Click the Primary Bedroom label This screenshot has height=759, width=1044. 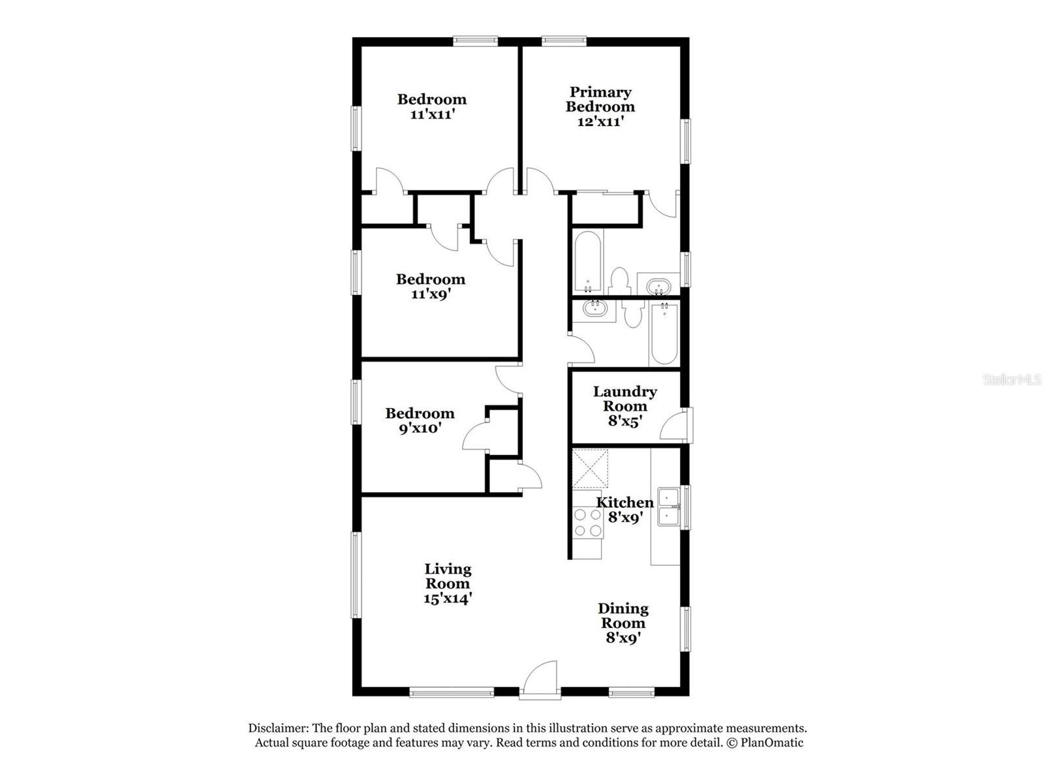[600, 99]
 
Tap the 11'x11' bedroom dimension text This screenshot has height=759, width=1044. [432, 114]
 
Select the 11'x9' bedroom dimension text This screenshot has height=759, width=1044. [431, 294]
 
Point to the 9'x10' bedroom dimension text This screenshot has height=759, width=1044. [420, 428]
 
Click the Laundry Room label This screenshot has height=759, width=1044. [624, 399]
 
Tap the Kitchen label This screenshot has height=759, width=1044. [624, 502]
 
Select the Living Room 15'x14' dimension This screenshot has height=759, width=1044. [448, 598]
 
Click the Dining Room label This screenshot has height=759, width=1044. [623, 615]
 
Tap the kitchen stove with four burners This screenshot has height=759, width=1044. [587, 523]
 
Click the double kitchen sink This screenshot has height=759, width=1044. [669, 506]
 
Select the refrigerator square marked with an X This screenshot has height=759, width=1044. [589, 469]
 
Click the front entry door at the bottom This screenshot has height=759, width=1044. [540, 681]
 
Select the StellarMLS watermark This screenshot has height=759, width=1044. [1011, 379]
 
